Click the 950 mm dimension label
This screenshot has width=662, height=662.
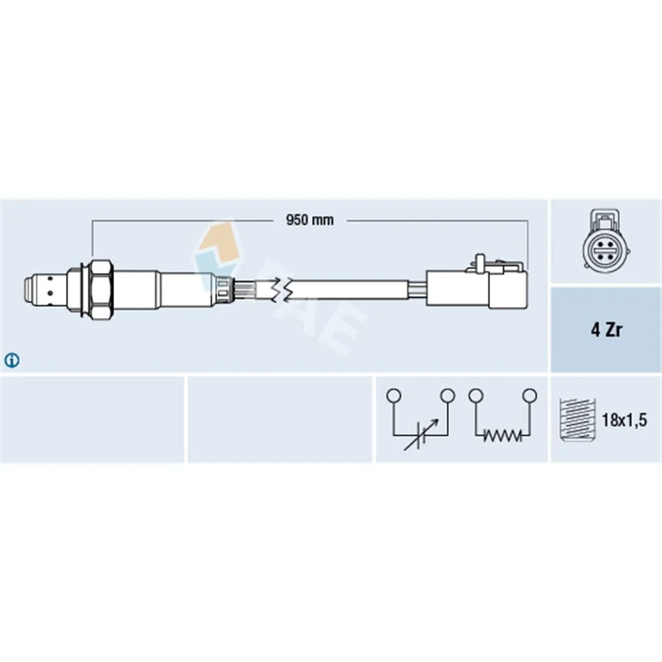click(x=309, y=220)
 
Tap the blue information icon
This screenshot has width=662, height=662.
click(x=12, y=361)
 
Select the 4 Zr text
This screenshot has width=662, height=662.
click(x=606, y=330)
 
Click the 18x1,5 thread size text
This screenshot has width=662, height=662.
click(x=624, y=420)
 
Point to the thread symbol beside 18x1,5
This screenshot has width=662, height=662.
click(x=577, y=420)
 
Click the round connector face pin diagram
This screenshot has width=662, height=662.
click(x=607, y=246)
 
